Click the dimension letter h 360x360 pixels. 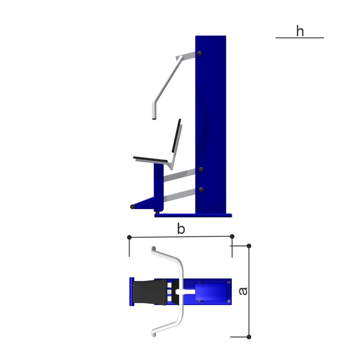click(300, 31)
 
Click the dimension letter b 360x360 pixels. click(181, 229)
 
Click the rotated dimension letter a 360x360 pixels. click(243, 291)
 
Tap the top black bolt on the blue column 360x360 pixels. click(200, 54)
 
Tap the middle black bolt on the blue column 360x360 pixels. click(201, 170)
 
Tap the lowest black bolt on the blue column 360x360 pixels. click(201, 189)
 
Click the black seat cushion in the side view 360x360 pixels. click(150, 159)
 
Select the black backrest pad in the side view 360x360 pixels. click(176, 135)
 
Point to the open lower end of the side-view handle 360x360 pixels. click(154, 119)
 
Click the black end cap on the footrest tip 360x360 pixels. click(132, 207)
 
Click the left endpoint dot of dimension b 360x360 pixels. click(129, 237)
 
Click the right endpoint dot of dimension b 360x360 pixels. click(232, 236)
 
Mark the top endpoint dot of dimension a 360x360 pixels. click(249, 246)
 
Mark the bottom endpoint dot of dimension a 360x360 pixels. click(249, 337)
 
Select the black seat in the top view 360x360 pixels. click(150, 292)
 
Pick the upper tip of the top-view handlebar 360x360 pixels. click(153, 248)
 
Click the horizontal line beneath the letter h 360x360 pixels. click(300, 38)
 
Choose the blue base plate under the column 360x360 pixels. click(193, 216)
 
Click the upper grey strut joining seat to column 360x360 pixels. click(179, 175)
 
